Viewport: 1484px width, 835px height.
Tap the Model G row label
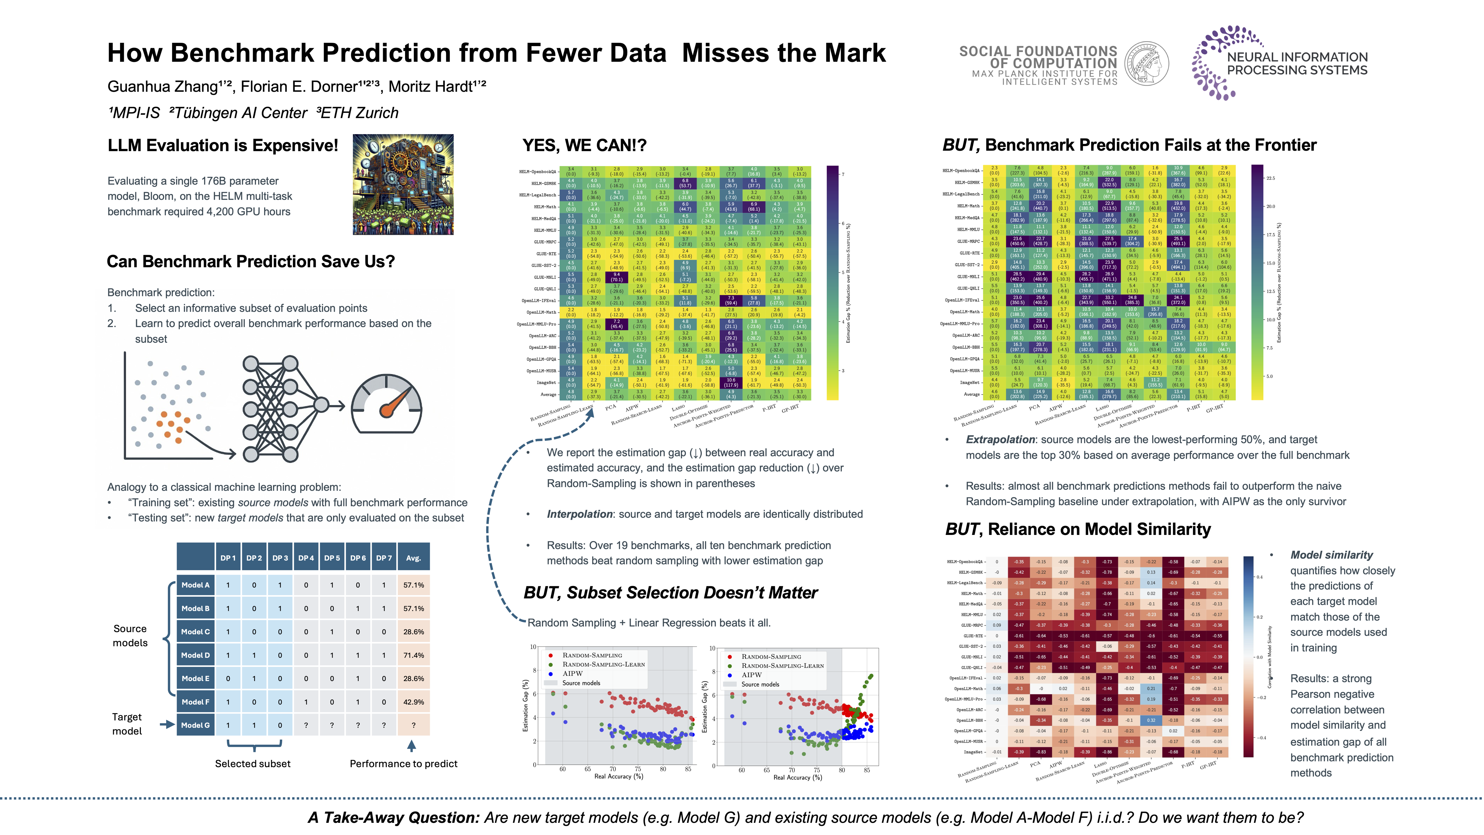pyautogui.click(x=195, y=725)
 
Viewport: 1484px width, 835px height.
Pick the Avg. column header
pyautogui.click(x=413, y=558)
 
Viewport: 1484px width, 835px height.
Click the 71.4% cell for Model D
pyautogui.click(x=413, y=655)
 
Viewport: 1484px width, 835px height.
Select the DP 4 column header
pyautogui.click(x=306, y=558)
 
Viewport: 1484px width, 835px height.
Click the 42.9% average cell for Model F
pyautogui.click(x=413, y=702)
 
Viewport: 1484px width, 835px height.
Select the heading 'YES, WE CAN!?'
pyautogui.click(x=584, y=145)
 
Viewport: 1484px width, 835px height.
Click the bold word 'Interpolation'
pyautogui.click(x=579, y=514)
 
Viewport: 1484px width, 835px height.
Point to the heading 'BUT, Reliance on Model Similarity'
pyautogui.click(x=1077, y=529)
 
